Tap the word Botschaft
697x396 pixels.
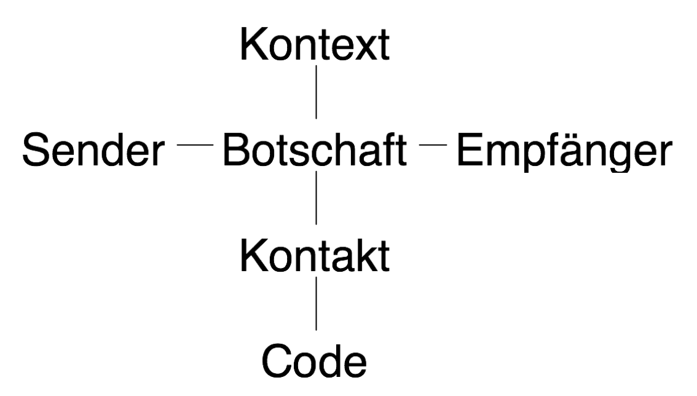(315, 150)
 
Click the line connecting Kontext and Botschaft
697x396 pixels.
(316, 92)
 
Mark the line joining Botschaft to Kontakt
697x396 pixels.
(316, 198)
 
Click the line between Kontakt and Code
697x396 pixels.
(316, 304)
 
